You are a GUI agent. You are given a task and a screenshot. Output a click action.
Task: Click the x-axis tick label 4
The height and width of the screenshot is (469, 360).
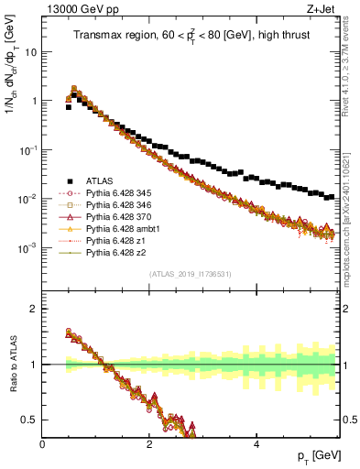click(256, 444)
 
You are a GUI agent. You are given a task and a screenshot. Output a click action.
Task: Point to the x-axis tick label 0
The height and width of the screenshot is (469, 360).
click(43, 444)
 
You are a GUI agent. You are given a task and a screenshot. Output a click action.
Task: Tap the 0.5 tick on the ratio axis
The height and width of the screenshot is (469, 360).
click(30, 420)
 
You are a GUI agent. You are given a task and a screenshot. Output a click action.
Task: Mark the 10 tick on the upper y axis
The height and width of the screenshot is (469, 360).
click(30, 52)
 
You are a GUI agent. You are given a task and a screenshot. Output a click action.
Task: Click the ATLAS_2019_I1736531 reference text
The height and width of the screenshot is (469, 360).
click(190, 274)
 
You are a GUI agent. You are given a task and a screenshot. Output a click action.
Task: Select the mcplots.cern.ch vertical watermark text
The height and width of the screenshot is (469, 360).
click(351, 202)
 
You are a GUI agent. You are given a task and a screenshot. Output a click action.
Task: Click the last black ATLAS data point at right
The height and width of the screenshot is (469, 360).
click(331, 195)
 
